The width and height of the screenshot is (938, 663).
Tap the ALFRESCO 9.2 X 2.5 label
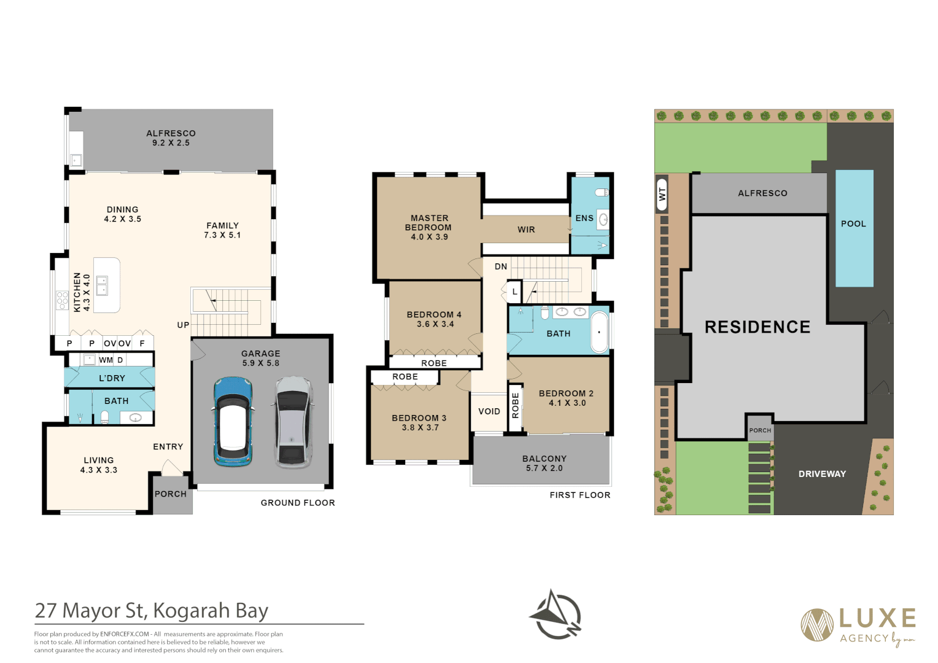[x=171, y=138]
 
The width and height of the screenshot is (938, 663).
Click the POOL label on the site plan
[x=853, y=224]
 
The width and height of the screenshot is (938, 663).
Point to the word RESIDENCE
[x=758, y=327]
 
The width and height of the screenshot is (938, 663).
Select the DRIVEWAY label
[x=822, y=474]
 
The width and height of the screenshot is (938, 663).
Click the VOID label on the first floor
[x=489, y=411]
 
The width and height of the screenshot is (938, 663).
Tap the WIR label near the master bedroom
[x=526, y=230]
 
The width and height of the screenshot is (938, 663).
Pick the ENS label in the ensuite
[x=584, y=218]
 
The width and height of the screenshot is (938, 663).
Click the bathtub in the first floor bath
[x=600, y=333]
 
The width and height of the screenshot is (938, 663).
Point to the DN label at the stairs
[x=501, y=266]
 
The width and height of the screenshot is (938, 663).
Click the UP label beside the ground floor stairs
[x=183, y=325]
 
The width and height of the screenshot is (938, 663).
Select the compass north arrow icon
[x=556, y=615]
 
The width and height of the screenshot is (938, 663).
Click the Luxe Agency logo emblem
[x=816, y=624]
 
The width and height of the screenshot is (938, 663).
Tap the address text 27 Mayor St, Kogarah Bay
[x=152, y=611]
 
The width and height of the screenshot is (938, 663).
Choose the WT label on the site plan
[x=662, y=194]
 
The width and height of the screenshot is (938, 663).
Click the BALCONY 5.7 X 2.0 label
[x=544, y=463]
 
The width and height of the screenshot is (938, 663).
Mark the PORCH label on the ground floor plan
[x=171, y=494]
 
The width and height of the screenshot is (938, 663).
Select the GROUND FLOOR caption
[x=298, y=503]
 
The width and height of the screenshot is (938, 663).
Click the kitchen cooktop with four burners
[x=62, y=300]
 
